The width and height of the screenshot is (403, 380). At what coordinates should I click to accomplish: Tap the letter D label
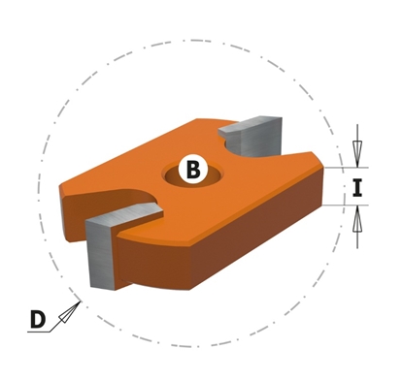37,318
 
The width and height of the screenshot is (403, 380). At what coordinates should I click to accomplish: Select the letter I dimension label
357,187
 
